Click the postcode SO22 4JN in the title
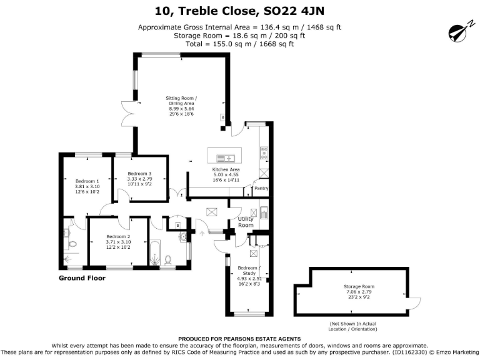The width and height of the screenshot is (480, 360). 297,11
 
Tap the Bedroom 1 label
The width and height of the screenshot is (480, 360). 87,181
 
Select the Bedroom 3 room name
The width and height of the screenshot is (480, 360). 139,173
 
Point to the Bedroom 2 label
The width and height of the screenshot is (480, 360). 117,236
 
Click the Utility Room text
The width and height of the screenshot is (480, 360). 246,222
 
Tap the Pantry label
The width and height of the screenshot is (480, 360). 261,187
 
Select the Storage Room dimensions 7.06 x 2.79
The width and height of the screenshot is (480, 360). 358,291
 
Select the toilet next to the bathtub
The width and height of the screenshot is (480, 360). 168,258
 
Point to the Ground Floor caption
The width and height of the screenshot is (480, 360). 82,277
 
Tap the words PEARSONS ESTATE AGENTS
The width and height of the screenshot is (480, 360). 265,339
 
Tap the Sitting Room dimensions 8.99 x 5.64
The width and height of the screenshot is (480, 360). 181,109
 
